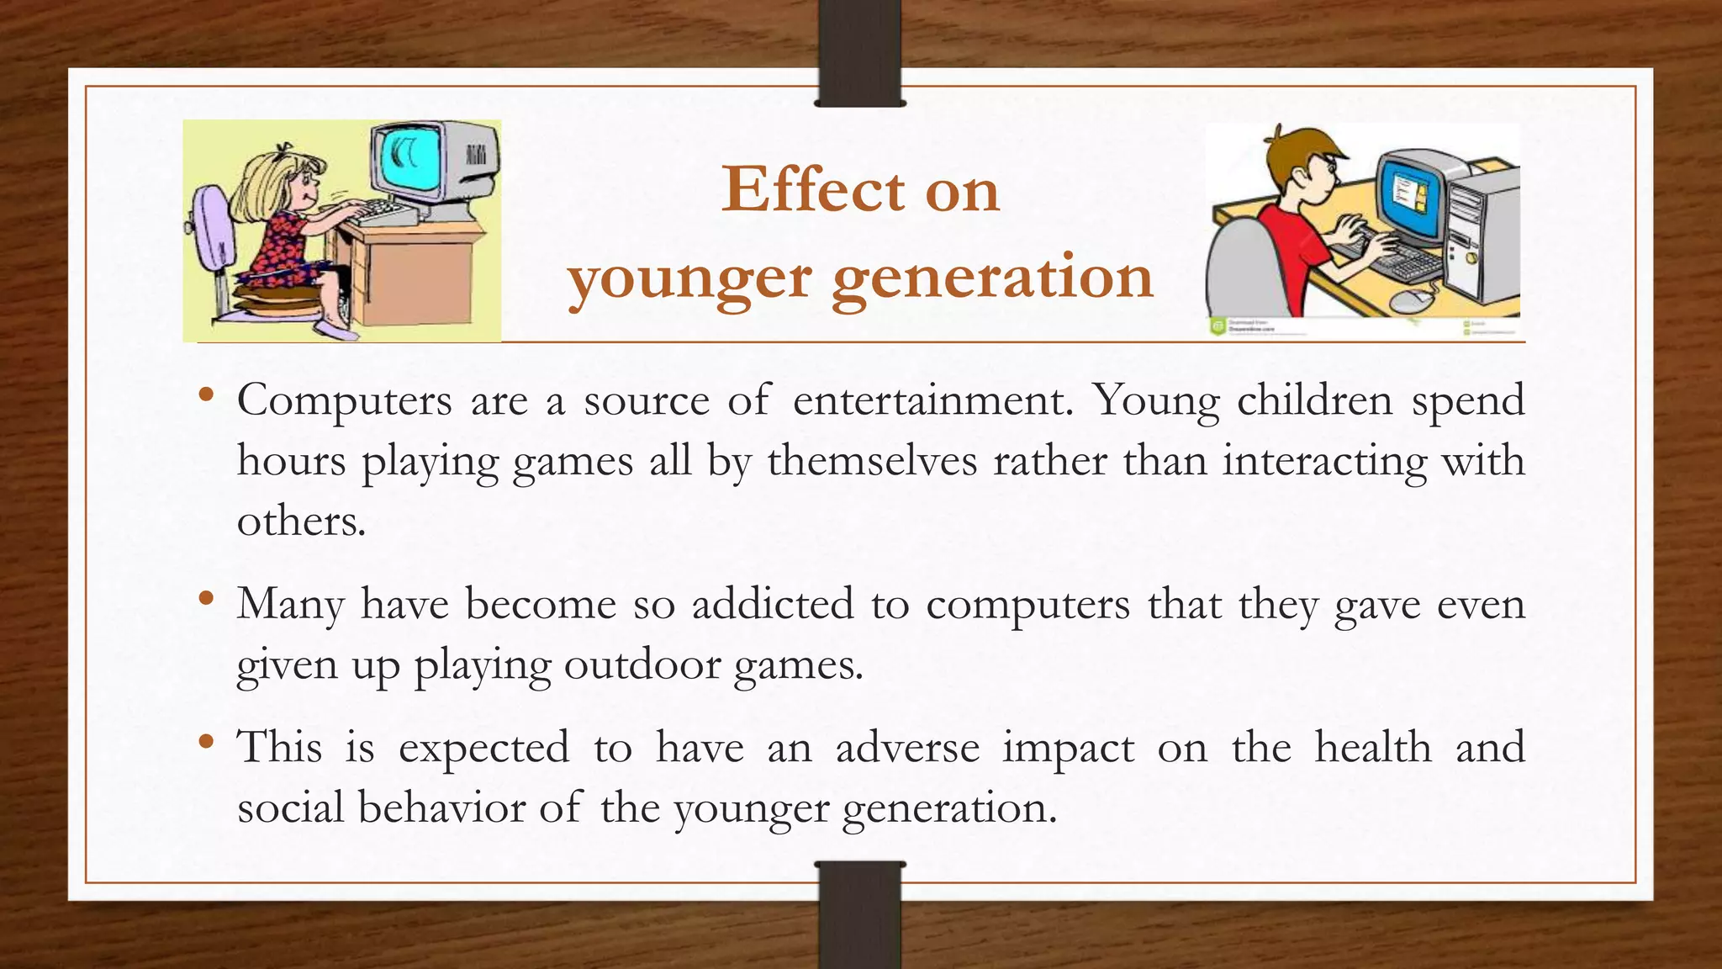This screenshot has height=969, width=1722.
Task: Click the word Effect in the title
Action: [x=813, y=190]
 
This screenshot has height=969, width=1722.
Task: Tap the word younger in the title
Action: [x=689, y=278]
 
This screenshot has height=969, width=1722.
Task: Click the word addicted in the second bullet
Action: [x=773, y=604]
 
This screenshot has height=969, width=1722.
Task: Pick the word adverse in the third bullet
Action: [x=908, y=748]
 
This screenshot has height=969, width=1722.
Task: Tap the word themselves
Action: [x=872, y=461]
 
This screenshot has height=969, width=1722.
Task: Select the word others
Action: [x=301, y=522]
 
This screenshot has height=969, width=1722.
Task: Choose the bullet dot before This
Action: [x=206, y=743]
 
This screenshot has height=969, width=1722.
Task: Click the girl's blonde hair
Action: [x=261, y=189]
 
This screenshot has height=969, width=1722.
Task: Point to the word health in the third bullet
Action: [x=1372, y=748]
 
